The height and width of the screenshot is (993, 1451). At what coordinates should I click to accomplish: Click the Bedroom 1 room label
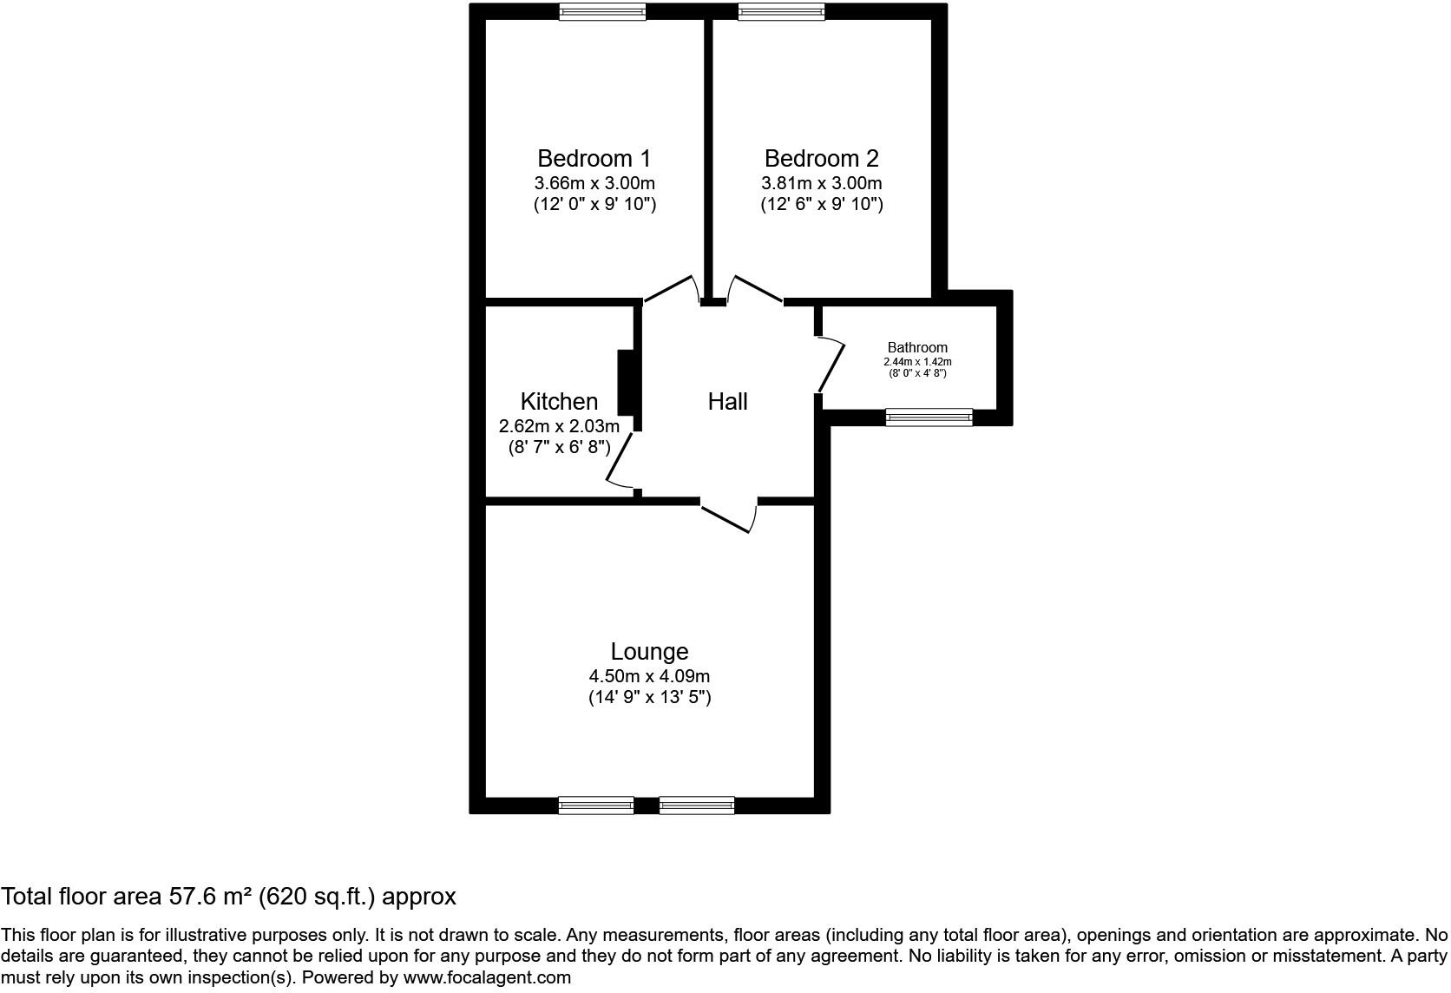(x=594, y=159)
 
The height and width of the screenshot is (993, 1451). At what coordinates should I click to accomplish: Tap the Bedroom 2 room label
(x=821, y=159)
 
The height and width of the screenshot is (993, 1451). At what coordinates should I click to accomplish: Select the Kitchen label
(x=559, y=402)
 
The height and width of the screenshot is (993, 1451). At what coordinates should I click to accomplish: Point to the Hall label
(x=727, y=402)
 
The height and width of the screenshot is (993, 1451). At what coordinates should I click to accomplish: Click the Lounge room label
(x=649, y=652)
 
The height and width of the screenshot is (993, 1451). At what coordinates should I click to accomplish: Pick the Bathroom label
(x=917, y=348)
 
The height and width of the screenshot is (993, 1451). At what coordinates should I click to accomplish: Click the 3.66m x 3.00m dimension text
(x=594, y=183)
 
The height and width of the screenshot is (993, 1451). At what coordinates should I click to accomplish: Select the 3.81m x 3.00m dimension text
(x=821, y=183)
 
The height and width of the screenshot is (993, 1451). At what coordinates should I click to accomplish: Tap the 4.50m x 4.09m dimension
(x=649, y=676)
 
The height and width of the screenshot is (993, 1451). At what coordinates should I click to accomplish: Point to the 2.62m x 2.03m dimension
(x=559, y=426)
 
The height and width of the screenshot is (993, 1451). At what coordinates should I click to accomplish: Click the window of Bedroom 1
(x=602, y=12)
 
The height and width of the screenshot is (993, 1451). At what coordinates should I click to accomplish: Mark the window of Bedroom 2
(x=781, y=12)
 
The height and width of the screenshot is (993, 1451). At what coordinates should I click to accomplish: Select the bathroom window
(x=929, y=418)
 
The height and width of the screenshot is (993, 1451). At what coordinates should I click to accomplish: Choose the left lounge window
(x=595, y=806)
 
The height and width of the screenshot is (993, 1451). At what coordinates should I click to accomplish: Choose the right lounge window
(x=696, y=806)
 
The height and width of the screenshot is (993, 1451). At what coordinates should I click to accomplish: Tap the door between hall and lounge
(x=729, y=516)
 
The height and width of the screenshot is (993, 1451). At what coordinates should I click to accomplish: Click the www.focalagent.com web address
(x=487, y=977)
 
